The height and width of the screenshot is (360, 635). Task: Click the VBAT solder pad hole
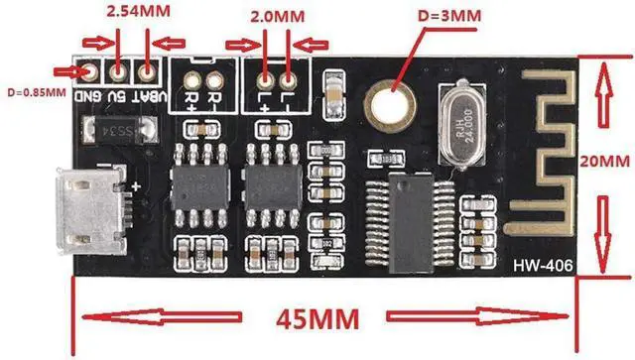click(147, 71)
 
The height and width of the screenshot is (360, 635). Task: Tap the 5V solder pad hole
click(118, 71)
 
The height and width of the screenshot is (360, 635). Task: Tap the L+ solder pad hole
click(265, 79)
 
